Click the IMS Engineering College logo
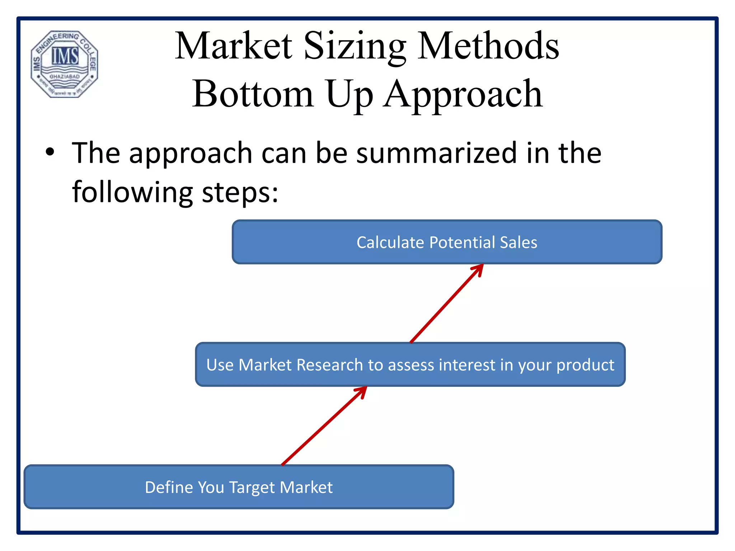[x=64, y=64]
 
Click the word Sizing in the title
[x=355, y=47]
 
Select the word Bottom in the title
[x=253, y=94]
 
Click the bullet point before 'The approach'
[x=50, y=152]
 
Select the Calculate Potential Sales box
[x=447, y=242]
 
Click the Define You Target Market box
[x=239, y=487]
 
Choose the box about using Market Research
[x=410, y=364]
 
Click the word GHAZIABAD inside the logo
[x=65, y=77]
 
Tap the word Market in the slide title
[x=234, y=47]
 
